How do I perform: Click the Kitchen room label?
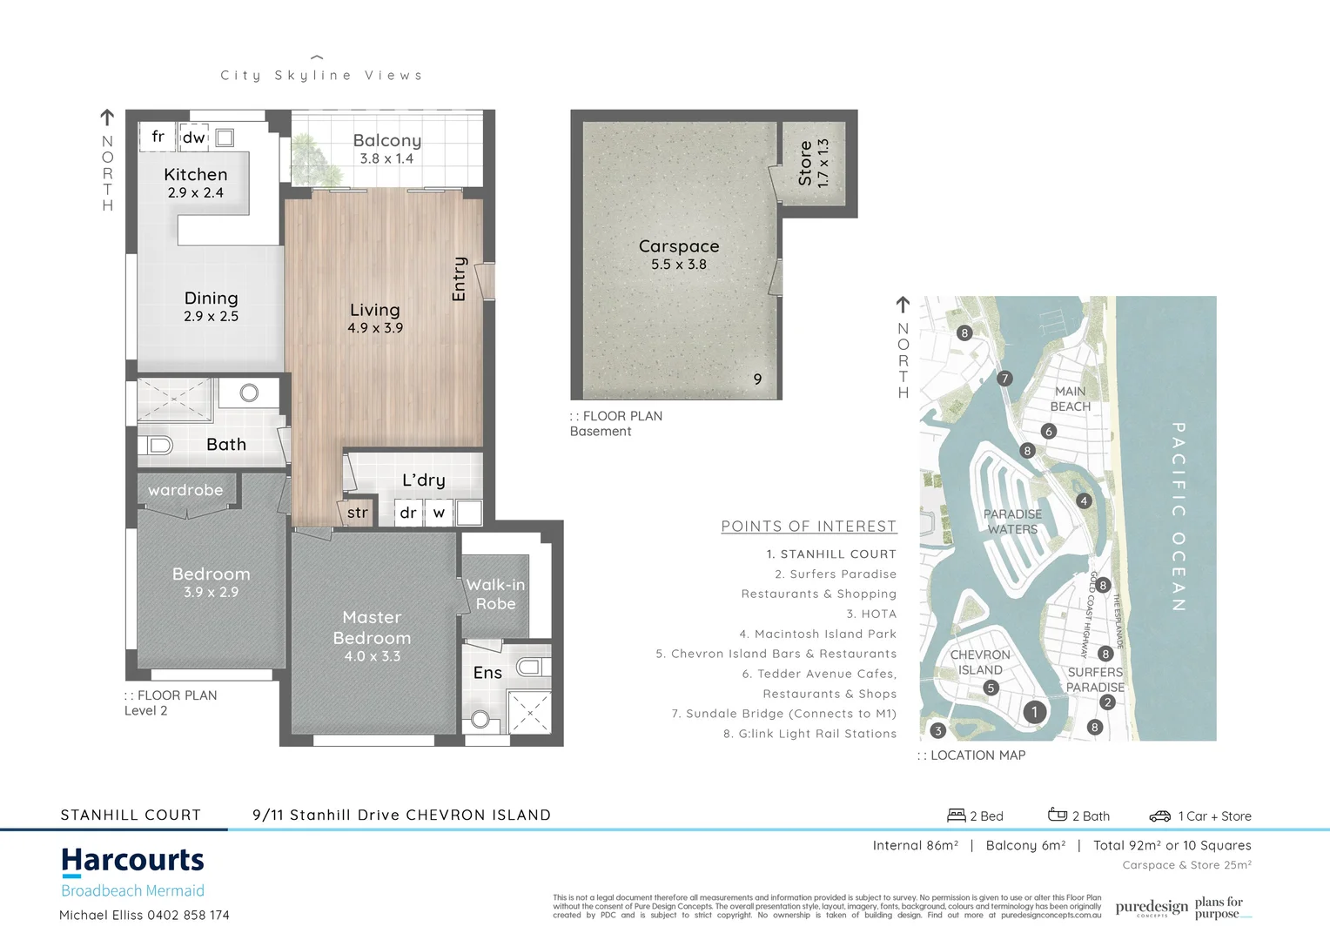tap(195, 175)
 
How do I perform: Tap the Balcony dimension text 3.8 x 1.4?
tap(386, 158)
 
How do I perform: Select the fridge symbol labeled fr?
tap(158, 137)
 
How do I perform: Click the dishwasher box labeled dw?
tap(193, 138)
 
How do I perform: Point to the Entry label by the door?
tap(460, 279)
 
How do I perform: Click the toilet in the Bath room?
tap(158, 446)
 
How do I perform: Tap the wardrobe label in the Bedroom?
tap(185, 491)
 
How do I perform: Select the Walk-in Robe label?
tap(495, 594)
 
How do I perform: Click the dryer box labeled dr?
tap(408, 513)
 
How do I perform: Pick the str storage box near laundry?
tap(357, 513)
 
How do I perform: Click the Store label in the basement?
tap(805, 164)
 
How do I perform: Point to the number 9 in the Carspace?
tap(757, 379)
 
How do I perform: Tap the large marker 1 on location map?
tap(1034, 712)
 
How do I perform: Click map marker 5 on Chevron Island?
tap(991, 688)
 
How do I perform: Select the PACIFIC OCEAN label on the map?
tap(1178, 517)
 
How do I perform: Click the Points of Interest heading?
tap(808, 527)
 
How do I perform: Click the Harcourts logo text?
tap(132, 861)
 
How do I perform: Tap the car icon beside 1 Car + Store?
tap(1159, 816)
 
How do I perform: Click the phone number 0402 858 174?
tap(188, 916)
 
